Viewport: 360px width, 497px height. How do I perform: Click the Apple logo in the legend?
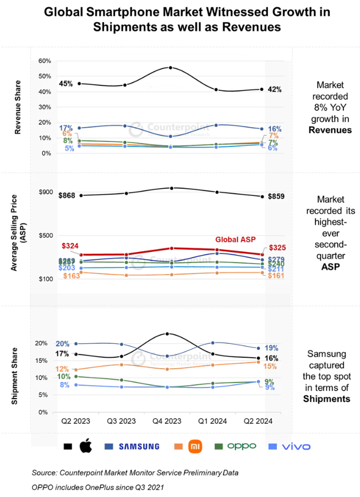[x=85, y=446]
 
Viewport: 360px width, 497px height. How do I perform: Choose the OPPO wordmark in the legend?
[x=242, y=446]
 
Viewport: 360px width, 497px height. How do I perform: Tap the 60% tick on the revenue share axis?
[x=44, y=61]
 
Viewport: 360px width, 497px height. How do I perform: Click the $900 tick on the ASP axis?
[x=44, y=192]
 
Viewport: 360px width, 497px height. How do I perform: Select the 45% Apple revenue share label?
[x=66, y=84]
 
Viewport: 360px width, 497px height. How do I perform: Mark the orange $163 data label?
[x=72, y=276]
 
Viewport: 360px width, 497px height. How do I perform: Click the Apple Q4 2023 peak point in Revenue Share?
[x=171, y=68]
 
